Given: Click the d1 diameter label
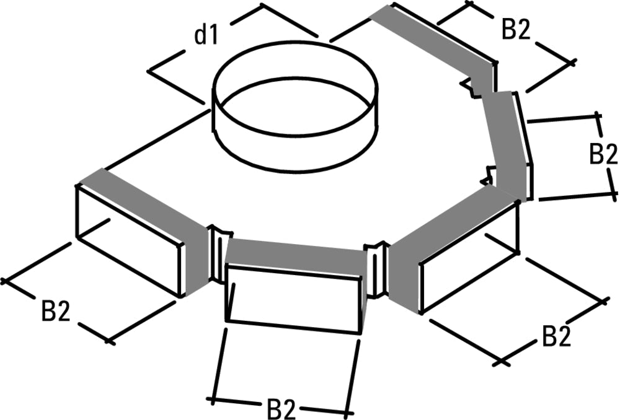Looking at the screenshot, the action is (x=206, y=36).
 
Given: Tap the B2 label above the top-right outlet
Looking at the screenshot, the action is (x=516, y=30).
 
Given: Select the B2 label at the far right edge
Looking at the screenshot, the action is (x=603, y=154).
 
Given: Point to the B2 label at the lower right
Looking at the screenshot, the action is (x=557, y=337).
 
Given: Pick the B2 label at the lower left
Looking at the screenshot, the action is (x=56, y=312).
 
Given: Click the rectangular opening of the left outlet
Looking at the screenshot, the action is (x=129, y=242).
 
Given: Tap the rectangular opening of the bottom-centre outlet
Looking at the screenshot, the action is (x=293, y=300).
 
